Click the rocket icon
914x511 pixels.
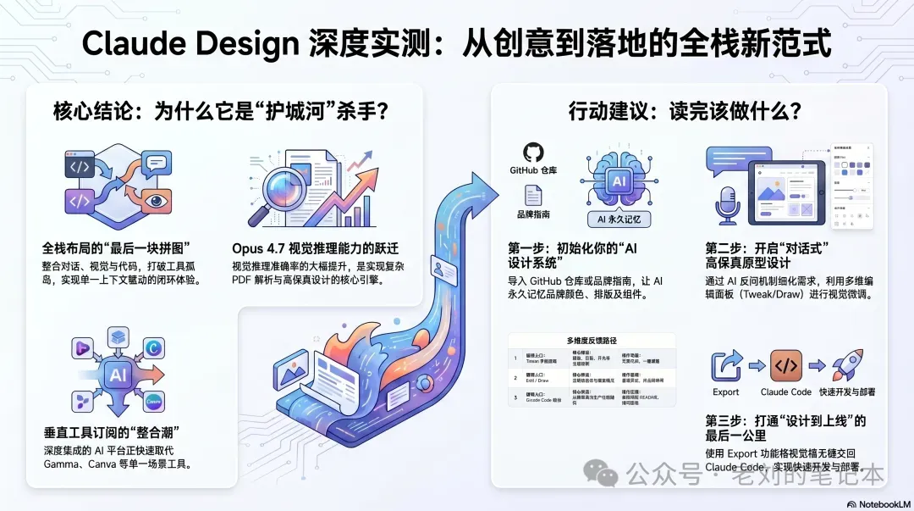pos(847,365)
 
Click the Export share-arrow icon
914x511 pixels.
pos(726,366)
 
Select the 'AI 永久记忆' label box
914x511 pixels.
pos(619,219)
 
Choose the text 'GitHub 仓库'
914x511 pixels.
pos(533,170)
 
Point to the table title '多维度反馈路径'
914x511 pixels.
pos(592,340)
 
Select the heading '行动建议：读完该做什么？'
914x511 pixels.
pos(685,111)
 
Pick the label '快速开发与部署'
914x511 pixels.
pos(847,392)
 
